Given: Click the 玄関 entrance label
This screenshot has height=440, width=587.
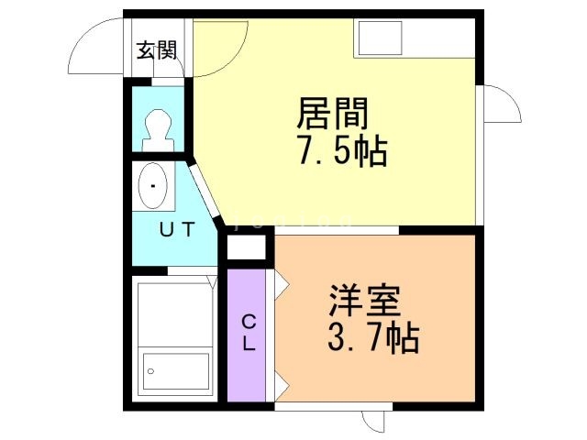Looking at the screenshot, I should click(x=157, y=50).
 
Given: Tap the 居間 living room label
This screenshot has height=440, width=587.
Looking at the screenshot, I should click(x=332, y=115).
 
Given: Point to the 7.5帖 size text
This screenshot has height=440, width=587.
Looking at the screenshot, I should click(x=341, y=150).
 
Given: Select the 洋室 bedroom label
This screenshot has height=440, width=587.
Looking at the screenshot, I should click(x=365, y=302).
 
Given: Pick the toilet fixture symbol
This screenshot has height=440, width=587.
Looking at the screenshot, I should click(x=158, y=129).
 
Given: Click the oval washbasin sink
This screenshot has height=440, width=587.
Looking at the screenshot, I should click(x=152, y=188).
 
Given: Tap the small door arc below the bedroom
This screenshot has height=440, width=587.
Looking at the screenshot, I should click(x=374, y=420).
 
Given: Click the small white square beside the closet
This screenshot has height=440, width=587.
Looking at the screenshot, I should click(x=245, y=247).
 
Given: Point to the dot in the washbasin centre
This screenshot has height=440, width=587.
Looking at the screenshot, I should click(x=152, y=187).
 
